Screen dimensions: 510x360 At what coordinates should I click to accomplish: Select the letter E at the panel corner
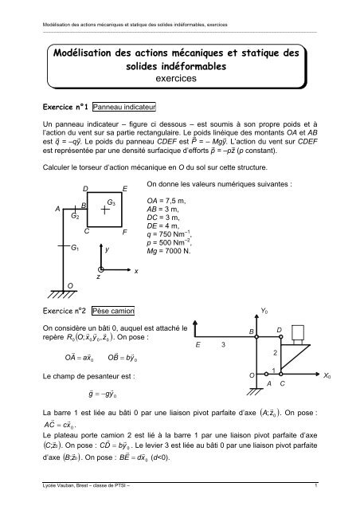(125, 188)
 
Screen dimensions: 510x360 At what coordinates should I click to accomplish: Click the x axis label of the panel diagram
(136, 273)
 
